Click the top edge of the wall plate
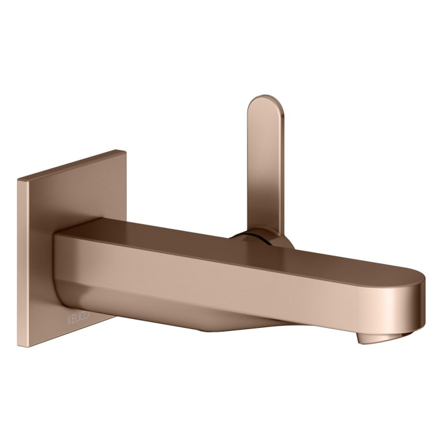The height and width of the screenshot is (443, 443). [70, 164]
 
